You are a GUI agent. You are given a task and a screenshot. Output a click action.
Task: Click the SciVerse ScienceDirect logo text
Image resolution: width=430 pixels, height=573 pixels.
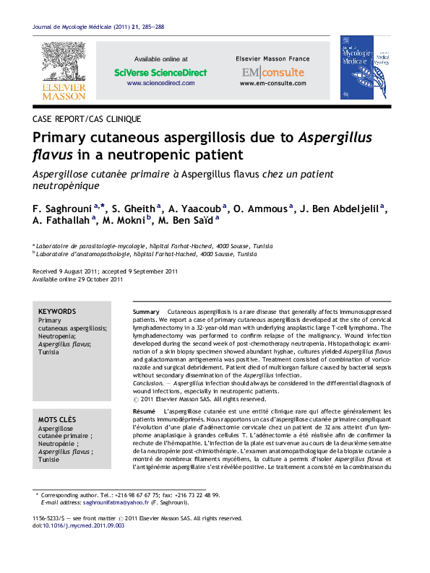[160, 73]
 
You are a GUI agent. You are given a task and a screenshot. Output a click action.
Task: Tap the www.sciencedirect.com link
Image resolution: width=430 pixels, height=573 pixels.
[160, 84]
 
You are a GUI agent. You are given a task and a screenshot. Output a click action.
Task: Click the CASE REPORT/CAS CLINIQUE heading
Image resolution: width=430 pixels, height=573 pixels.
[87, 118]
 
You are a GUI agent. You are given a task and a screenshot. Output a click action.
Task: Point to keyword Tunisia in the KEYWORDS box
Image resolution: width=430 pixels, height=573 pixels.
[48, 354]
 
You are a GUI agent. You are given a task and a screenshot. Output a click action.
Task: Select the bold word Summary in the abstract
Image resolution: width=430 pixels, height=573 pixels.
[147, 310]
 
